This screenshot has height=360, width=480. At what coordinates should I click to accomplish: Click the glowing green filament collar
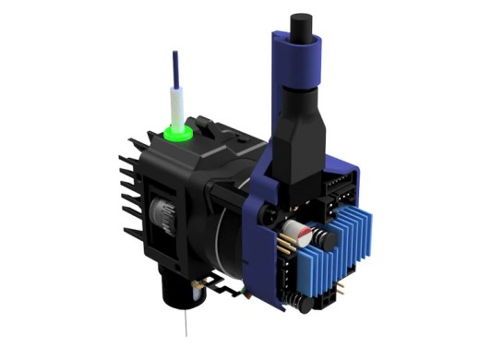pyautogui.click(x=177, y=134)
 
